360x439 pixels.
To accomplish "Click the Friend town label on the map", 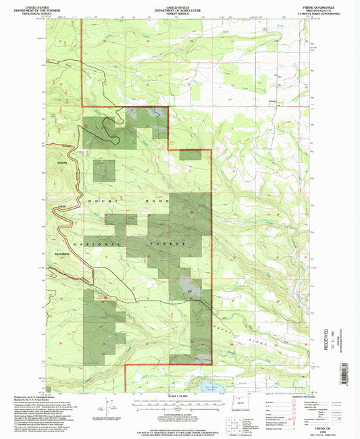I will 272,101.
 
